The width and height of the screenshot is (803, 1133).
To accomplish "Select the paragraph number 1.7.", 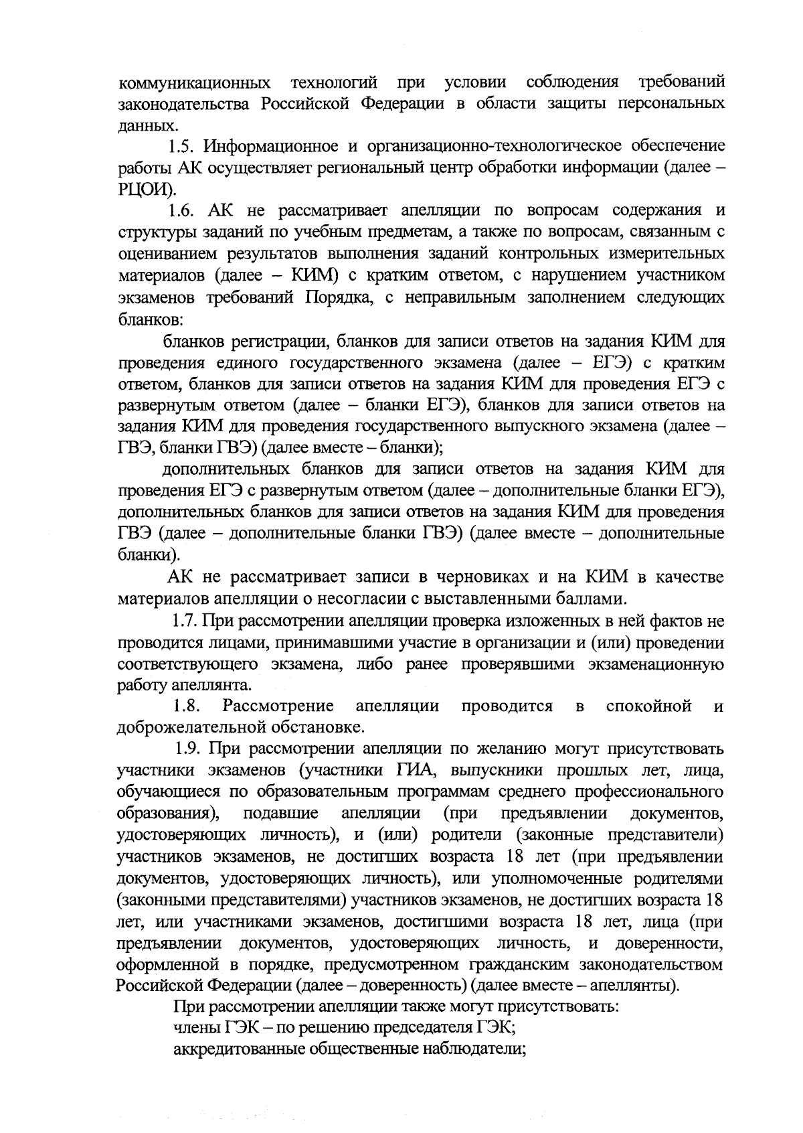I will pyautogui.click(x=183, y=622).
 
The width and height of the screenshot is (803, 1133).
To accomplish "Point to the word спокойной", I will pyautogui.click(x=647, y=706).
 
